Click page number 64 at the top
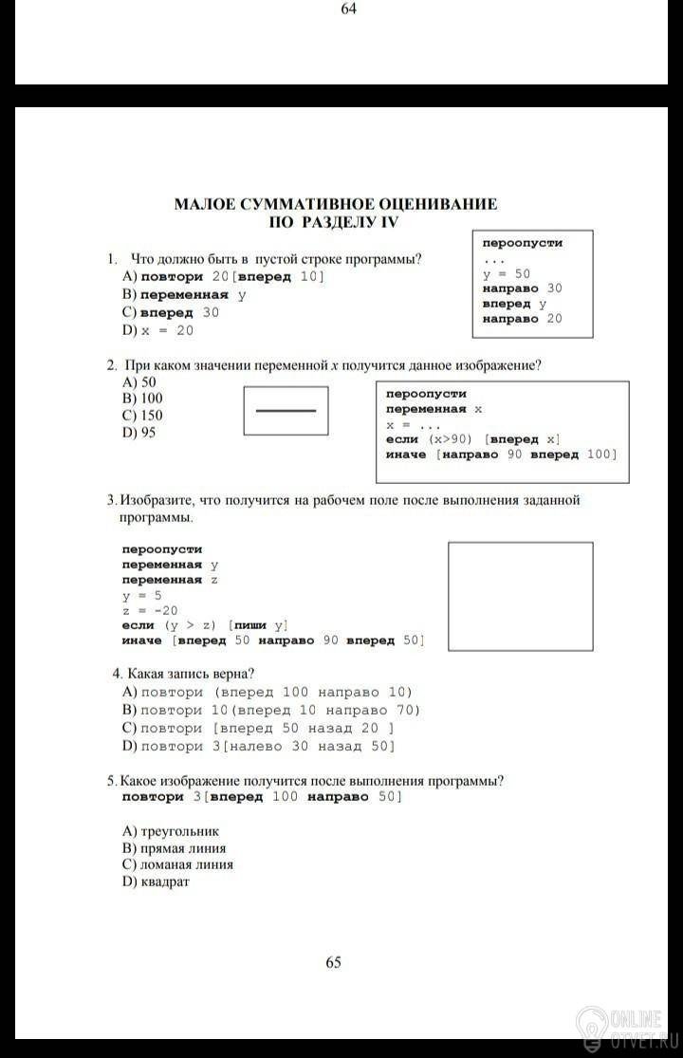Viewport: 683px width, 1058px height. [x=348, y=9]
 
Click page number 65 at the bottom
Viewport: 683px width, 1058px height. [x=334, y=962]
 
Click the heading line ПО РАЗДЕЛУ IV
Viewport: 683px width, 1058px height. [x=336, y=221]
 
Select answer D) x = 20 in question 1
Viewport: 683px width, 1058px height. [x=157, y=330]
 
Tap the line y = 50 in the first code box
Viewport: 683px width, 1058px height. [x=507, y=273]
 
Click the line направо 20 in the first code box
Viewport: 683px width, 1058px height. [x=522, y=319]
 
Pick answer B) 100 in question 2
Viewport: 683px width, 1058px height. [x=142, y=399]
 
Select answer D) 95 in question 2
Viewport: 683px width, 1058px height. [x=139, y=433]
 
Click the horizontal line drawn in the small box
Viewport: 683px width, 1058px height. [x=286, y=411]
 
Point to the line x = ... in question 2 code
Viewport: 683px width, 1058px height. [x=410, y=424]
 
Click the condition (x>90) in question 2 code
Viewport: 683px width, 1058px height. [x=449, y=439]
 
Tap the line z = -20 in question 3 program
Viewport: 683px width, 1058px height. [x=150, y=610]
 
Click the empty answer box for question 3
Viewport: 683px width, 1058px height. [x=520, y=596]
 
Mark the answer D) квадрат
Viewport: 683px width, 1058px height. [x=156, y=882]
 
